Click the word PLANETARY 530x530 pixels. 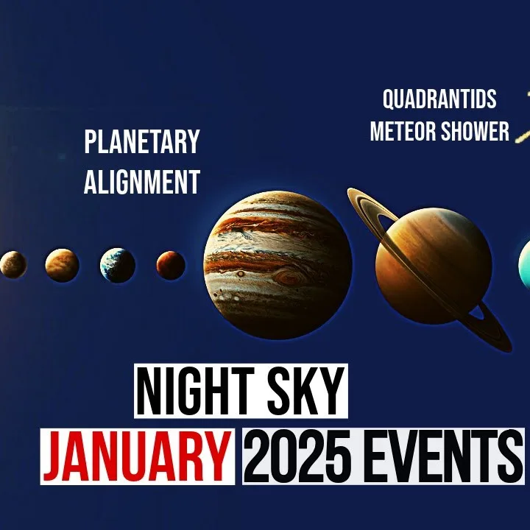tap(142, 141)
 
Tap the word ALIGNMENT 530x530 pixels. tap(142, 182)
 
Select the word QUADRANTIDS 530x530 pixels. tap(439, 99)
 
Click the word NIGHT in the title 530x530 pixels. tap(197, 391)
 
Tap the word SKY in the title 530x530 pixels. tap(306, 391)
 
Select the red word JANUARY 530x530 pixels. tap(137, 456)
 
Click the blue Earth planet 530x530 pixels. tap(118, 265)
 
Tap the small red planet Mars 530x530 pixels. tap(171, 265)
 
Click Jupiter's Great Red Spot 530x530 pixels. tap(289, 278)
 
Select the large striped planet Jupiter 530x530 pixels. tap(278, 265)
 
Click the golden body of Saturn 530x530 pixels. tap(434, 266)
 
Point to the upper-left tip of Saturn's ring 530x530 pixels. tap(350, 191)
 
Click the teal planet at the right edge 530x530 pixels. tap(525, 265)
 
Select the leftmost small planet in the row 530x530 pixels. tap(13, 265)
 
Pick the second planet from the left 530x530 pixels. tap(62, 265)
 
